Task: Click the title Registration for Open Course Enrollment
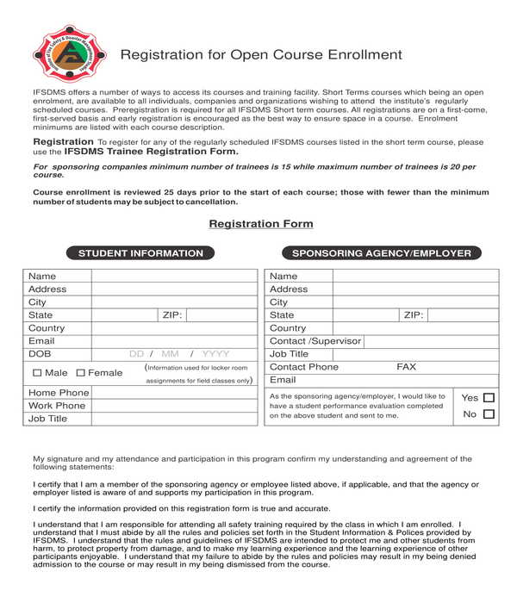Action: click(261, 55)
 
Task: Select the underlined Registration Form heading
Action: click(261, 224)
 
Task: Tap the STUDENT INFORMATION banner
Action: click(140, 253)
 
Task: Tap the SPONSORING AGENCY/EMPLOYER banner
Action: click(382, 253)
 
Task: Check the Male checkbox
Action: click(37, 373)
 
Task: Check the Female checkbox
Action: click(81, 373)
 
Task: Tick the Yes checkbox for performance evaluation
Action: click(489, 398)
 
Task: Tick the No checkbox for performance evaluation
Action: click(489, 414)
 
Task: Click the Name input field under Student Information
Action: click(174, 277)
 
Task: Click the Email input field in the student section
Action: click(174, 341)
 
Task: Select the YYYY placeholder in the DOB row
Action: click(215, 354)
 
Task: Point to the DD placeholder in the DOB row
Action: click(136, 354)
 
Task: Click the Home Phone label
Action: click(59, 393)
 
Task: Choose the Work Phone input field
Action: click(174, 406)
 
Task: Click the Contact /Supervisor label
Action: click(315, 341)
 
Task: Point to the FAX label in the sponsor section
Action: click(406, 367)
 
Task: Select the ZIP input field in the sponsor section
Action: click(463, 315)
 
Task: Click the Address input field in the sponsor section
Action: click(415, 289)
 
